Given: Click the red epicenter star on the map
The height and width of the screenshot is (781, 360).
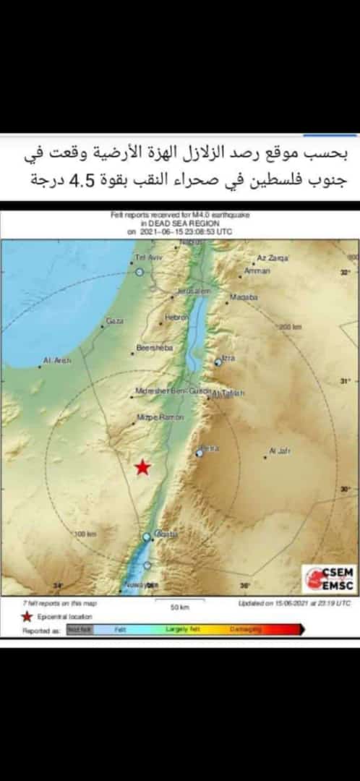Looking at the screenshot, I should point(142,467).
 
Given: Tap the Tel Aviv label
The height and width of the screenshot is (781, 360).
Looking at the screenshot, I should point(147,258).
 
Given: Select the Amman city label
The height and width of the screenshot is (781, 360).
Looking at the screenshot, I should point(257,270).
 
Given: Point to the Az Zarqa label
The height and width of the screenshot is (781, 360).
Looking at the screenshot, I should point(273,257).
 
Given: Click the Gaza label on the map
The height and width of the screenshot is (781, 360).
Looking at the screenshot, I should point(114,320).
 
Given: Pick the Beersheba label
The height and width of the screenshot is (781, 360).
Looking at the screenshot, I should point(155,349).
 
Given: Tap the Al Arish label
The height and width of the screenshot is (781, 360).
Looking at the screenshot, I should point(57,360).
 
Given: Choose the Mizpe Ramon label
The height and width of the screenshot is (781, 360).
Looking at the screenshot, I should point(160,418).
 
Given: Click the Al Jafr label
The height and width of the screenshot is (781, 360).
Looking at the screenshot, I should point(279,451).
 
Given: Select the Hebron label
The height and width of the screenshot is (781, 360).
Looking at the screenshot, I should point(176,317).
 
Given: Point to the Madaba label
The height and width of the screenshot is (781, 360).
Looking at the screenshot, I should point(244,296).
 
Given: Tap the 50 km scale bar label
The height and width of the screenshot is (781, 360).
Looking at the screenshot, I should point(179,607).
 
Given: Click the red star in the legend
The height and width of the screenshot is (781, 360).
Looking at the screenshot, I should point(27,616).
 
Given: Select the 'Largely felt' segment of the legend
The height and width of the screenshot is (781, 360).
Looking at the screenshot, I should point(182,630).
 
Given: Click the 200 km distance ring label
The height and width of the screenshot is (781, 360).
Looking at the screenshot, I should point(291,327).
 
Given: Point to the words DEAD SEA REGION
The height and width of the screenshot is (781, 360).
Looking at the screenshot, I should point(179,223).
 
